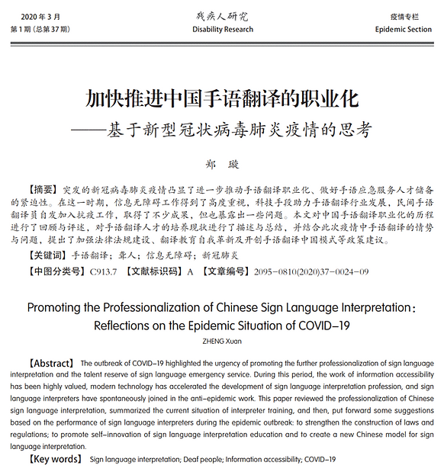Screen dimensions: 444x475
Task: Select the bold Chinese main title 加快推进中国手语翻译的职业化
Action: (x=221, y=100)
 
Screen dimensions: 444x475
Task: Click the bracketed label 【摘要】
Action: (x=43, y=189)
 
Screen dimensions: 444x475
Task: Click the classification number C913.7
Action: (x=105, y=271)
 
